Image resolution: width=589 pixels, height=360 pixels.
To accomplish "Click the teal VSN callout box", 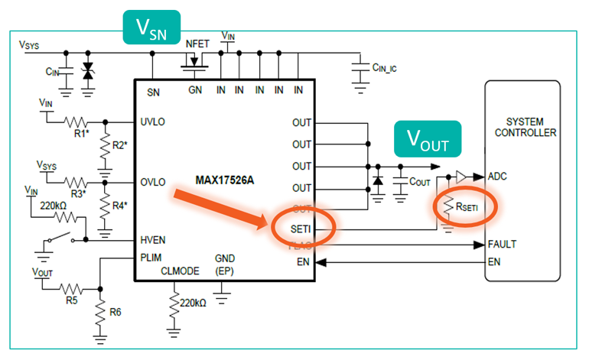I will (x=153, y=28).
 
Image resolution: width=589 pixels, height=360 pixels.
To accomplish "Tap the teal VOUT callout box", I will (x=427, y=138).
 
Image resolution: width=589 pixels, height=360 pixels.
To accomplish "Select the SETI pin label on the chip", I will (x=301, y=227).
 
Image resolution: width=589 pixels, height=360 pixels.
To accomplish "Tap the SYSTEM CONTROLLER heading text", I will (x=524, y=128).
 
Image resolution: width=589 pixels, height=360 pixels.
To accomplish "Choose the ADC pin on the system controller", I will (x=498, y=176).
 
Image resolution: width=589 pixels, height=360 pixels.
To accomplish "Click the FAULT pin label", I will (x=502, y=245).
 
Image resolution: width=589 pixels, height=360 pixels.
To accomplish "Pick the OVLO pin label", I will (x=154, y=183).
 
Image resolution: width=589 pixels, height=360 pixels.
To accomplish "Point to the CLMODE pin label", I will (x=179, y=271).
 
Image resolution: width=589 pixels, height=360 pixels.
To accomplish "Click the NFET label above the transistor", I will (x=197, y=44).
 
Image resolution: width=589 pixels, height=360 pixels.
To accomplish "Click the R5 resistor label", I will (x=71, y=300).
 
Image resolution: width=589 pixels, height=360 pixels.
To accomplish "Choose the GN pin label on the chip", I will (x=196, y=91).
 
